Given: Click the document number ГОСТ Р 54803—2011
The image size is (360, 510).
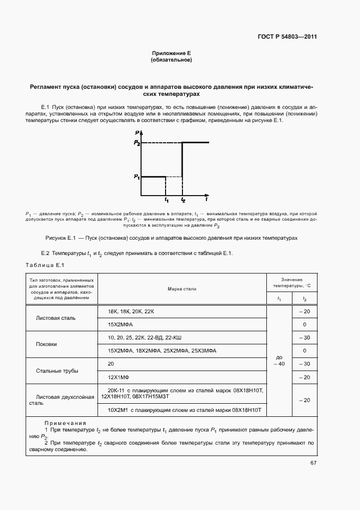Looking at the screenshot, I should click(287, 37).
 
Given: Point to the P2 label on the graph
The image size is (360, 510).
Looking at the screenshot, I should click(137, 143).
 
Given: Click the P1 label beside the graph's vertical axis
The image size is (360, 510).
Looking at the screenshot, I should click(137, 177).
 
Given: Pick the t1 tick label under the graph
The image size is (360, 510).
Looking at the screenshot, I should click(167, 201).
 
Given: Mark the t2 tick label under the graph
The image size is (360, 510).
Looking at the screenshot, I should click(183, 201).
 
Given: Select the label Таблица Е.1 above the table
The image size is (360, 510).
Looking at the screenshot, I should click(45, 265).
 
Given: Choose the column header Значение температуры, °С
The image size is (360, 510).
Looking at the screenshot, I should click(291, 282).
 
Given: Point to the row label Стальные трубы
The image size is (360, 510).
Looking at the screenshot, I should click(57, 371).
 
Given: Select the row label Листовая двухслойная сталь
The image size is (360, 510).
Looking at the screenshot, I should click(61, 400).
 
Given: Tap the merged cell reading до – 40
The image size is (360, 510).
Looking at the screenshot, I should click(279, 360).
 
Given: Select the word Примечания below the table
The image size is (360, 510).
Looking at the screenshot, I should click(65, 423).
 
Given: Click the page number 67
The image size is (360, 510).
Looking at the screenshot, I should click(313, 463).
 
